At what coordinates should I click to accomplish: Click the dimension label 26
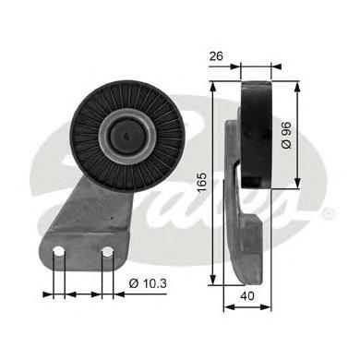(216, 56)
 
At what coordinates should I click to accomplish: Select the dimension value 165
(202, 183)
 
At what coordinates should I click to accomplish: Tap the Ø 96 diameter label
(286, 135)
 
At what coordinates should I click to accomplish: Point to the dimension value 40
(247, 296)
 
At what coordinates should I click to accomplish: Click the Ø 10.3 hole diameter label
(148, 283)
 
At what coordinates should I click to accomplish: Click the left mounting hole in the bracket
(59, 252)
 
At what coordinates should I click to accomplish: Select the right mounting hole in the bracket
(107, 252)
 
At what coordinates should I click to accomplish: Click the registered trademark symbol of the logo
(329, 213)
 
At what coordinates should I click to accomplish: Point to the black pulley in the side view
(256, 135)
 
